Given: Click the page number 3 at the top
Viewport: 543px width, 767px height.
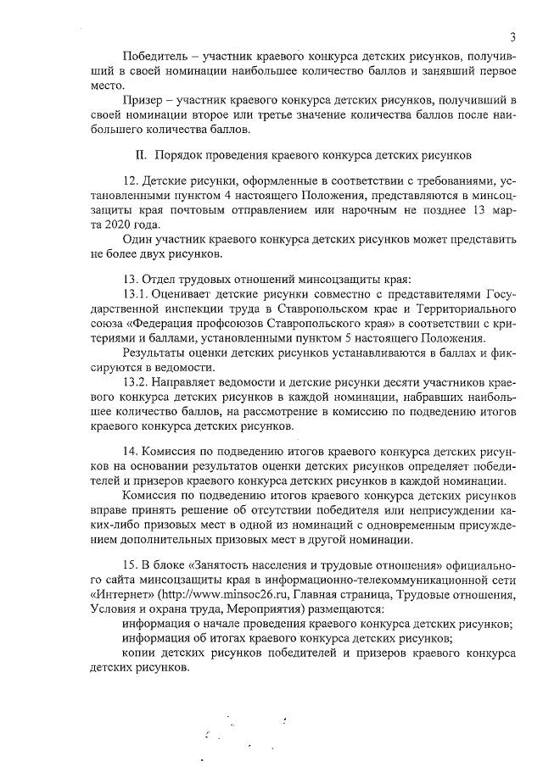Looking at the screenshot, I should pyautogui.click(x=514, y=37).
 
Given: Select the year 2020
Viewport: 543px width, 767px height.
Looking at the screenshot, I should pyautogui.click(x=122, y=225).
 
